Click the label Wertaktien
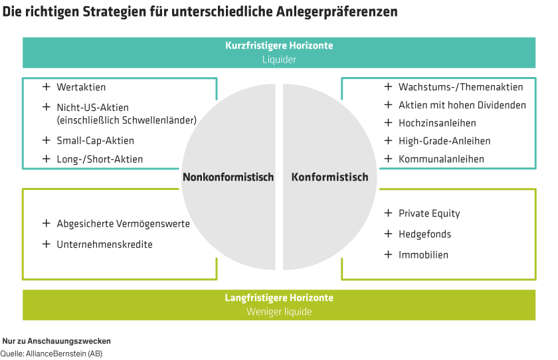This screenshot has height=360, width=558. coord(81,87)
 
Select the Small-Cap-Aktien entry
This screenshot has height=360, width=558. coord(95,140)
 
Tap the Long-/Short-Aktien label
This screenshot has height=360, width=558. coord(100,159)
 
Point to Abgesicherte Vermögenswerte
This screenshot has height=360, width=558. coord(123,223)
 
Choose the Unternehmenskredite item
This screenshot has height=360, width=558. coord(104,244)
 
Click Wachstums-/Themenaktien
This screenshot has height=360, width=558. coord(460,87)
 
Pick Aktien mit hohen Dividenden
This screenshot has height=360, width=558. coord(462,105)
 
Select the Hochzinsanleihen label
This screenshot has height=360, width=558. coord(437,123)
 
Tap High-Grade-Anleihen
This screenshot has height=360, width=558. coord(444,141)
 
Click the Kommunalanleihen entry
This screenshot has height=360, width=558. coord(441,159)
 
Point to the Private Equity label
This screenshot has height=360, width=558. coord(429,213)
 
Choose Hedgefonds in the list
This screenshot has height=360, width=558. coord(424,234)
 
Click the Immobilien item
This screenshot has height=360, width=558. coord(423,254)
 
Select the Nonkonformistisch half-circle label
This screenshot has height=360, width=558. coord(228,177)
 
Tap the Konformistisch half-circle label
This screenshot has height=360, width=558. coord(329,177)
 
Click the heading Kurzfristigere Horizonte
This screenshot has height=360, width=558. coord(278,46)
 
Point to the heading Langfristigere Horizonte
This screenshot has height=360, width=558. coord(278,298)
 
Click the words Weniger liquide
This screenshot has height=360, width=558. coord(278,312)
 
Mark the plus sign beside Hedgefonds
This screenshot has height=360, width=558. coord(388,234)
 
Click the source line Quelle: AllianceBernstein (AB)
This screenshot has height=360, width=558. coord(51,353)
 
